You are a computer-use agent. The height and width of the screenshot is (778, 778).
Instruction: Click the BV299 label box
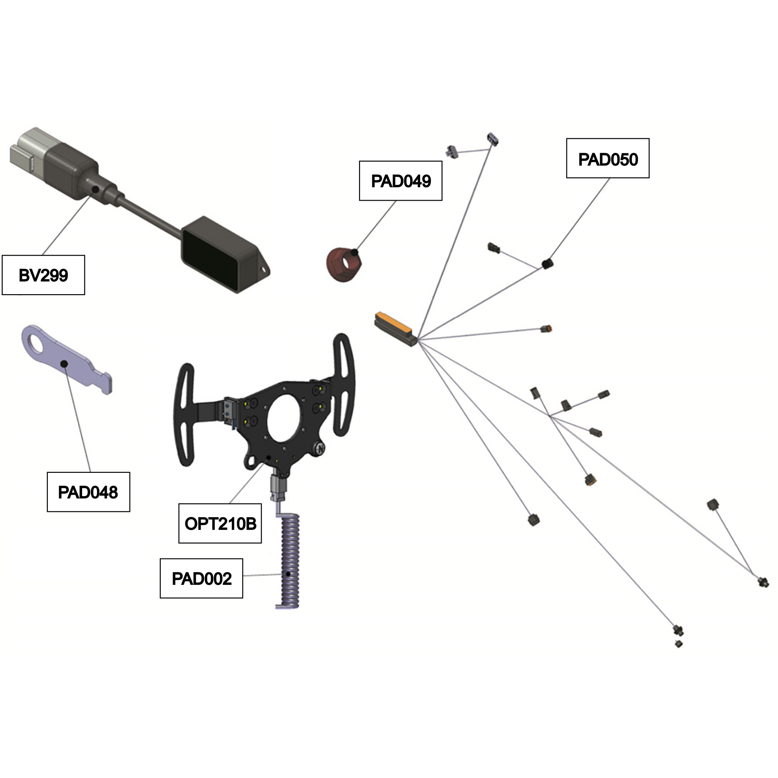43,275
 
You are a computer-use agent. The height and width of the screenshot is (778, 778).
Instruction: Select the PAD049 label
400,181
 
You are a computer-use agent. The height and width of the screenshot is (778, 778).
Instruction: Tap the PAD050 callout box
608,158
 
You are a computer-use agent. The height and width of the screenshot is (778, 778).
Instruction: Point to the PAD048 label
88,492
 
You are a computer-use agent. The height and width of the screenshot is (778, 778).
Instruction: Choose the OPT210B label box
220,523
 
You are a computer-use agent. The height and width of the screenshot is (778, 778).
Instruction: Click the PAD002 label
201,578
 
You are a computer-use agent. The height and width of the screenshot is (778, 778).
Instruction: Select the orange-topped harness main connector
395,329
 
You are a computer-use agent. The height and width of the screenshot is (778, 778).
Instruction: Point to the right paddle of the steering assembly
344,384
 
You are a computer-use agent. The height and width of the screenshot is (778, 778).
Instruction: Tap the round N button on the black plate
321,449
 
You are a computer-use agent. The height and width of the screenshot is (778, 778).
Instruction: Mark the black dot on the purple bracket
64,364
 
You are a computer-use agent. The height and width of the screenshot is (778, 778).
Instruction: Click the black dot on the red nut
354,252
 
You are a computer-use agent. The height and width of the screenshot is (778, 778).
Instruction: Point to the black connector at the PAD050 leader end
547,264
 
